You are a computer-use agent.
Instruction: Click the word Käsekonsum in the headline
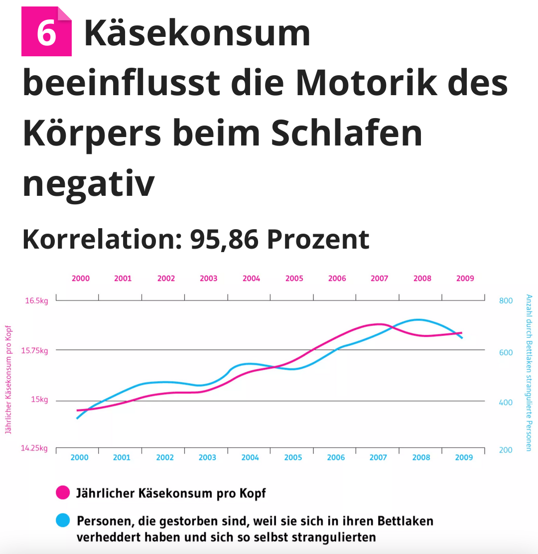click(197, 33)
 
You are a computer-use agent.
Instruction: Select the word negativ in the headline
click(89, 182)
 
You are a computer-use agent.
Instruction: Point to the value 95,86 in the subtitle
click(224, 240)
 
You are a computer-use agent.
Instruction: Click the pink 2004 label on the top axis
click(251, 278)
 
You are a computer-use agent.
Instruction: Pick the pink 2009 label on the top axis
click(465, 278)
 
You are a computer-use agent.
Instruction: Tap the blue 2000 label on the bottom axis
click(79, 457)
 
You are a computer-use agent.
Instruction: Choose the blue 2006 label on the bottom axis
click(336, 457)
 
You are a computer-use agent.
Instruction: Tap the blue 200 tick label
click(505, 450)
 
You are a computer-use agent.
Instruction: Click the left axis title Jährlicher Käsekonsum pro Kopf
click(8, 380)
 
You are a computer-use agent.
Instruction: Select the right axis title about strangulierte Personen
click(529, 373)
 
